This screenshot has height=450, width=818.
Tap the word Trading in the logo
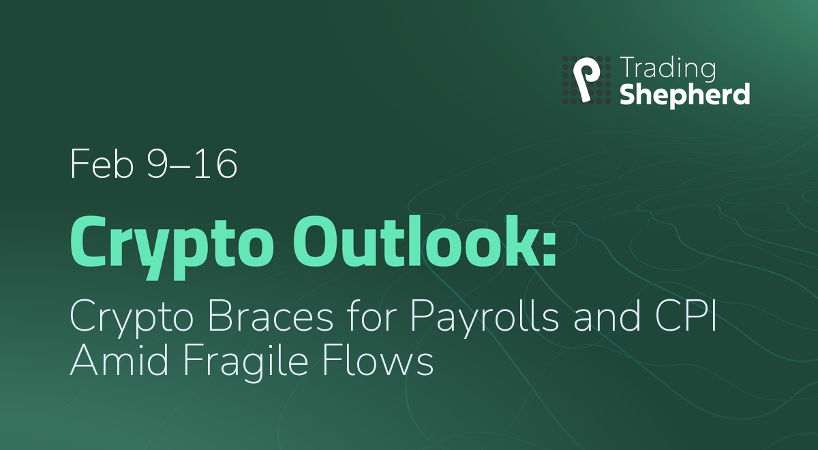[667, 69]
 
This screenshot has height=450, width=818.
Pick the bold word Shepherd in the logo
[684, 95]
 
